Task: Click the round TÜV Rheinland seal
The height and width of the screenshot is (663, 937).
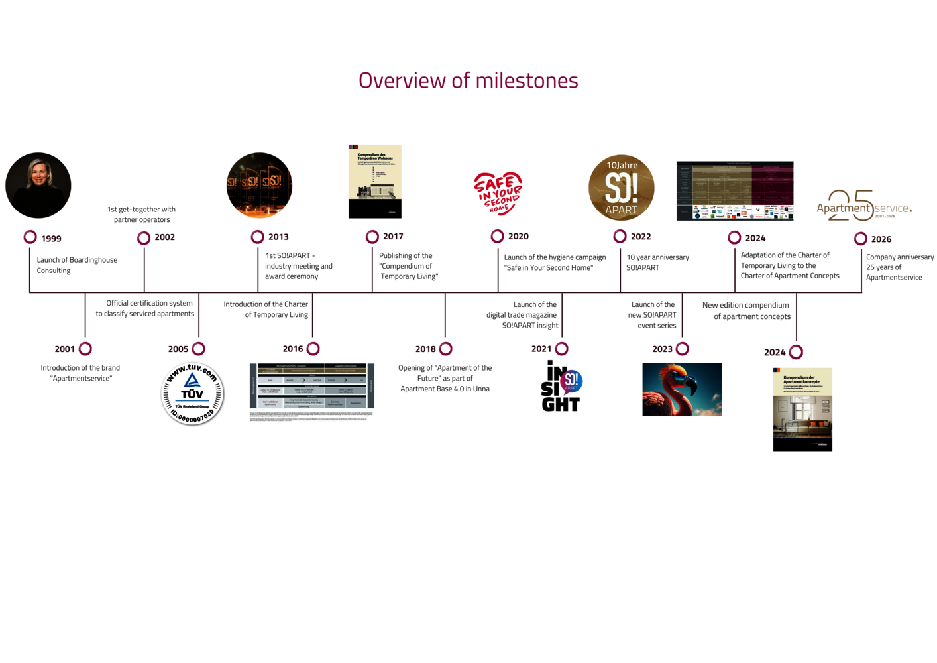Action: [x=192, y=393]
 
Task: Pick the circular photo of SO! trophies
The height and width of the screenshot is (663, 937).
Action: [x=259, y=185]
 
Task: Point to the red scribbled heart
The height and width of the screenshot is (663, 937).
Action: [x=498, y=194]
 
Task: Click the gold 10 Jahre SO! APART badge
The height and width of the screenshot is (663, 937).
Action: [x=621, y=188]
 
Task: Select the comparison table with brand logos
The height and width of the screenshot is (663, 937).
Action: [x=734, y=190]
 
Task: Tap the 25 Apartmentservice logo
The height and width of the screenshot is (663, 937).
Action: [x=863, y=206]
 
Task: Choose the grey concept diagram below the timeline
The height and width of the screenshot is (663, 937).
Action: [x=311, y=392]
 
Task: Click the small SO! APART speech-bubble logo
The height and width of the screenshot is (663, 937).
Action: [x=571, y=382]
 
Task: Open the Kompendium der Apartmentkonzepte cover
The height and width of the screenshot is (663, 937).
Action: [x=802, y=402]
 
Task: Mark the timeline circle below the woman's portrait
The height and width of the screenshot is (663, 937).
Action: [x=30, y=237]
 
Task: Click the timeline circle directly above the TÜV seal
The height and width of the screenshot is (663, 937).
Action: [x=199, y=348]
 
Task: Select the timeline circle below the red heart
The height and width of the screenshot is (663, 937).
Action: [x=497, y=236]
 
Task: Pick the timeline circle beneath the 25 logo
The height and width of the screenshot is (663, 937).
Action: [x=860, y=238]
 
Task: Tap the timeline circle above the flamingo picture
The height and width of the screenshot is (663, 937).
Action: [x=683, y=348]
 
